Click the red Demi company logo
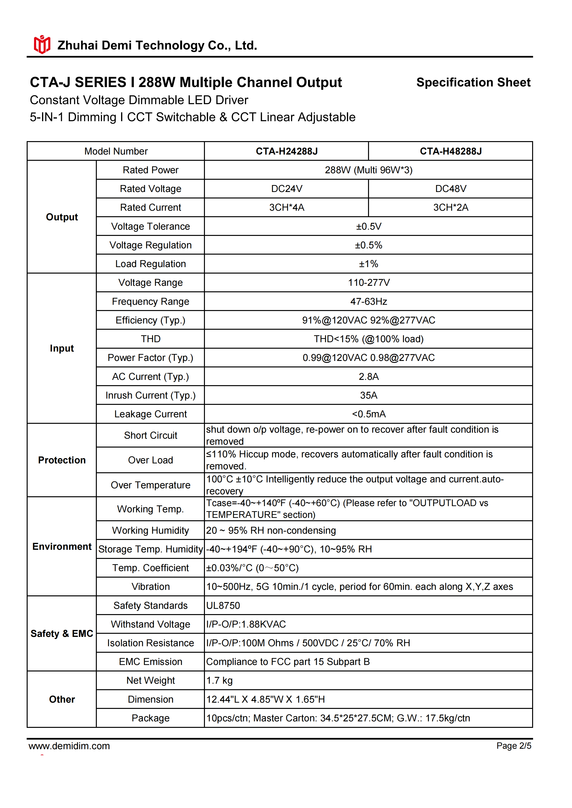click(42, 45)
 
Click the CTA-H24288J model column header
click(286, 151)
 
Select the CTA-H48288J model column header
click(450, 151)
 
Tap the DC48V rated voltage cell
click(450, 189)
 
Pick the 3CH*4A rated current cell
click(286, 208)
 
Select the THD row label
click(150, 339)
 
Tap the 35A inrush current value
click(369, 395)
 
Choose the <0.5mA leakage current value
click(369, 414)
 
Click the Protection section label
click(62, 460)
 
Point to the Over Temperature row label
click(150, 485)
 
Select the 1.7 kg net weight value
click(219, 681)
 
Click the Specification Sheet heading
click(473, 82)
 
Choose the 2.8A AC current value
click(369, 377)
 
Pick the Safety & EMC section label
click(62, 634)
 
